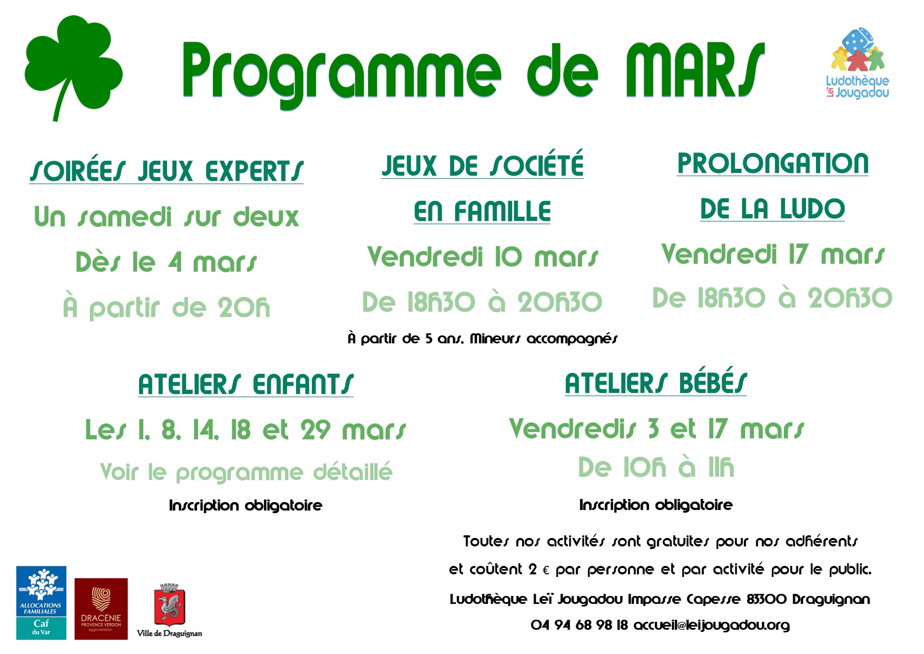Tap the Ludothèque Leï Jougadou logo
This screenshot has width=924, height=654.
(x=857, y=63)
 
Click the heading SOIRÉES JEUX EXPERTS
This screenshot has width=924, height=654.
(x=166, y=171)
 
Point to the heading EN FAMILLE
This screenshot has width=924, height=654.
(x=482, y=211)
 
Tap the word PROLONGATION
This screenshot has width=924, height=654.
(x=773, y=163)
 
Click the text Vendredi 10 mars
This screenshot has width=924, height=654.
(x=483, y=257)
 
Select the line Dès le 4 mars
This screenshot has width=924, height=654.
(x=166, y=262)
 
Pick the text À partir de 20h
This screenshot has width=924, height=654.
(x=166, y=307)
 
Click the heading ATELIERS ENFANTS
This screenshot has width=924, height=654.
(x=245, y=384)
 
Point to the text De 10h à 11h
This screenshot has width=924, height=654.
(x=656, y=467)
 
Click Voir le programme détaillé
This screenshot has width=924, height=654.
(x=246, y=472)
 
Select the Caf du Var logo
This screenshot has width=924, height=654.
(x=41, y=603)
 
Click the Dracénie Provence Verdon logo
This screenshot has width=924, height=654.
(x=101, y=609)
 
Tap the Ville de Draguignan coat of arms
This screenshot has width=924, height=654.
(x=169, y=604)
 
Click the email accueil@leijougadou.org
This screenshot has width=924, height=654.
(x=712, y=626)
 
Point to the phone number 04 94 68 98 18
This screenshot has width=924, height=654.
(x=579, y=625)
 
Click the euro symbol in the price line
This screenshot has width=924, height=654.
(x=546, y=571)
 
